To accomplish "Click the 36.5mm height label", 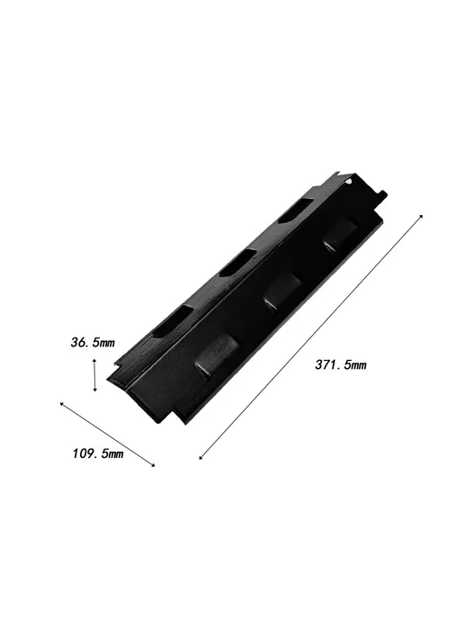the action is [93, 342].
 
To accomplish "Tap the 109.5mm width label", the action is [98, 453].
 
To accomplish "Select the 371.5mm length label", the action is [341, 364].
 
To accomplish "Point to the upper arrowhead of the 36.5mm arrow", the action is [94, 361].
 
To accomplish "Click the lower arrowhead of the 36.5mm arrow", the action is [94, 389].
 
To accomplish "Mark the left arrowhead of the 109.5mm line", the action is [62, 404].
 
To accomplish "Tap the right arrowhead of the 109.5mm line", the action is [153, 465].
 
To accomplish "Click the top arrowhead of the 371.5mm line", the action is [421, 217].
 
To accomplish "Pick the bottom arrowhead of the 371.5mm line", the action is [201, 457].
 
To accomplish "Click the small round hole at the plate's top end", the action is [348, 181].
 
